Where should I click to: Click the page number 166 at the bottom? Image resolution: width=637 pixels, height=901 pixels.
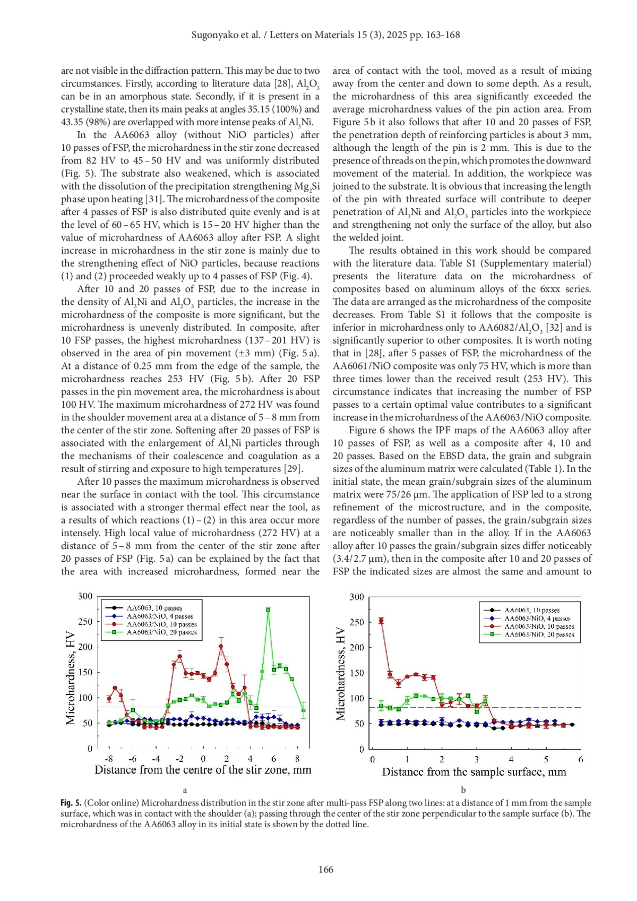pyautogui.click(x=325, y=869)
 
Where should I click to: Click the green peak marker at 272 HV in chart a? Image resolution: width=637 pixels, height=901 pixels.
pyautogui.click(x=269, y=610)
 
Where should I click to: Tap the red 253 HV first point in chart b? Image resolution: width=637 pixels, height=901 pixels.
pyautogui.click(x=381, y=621)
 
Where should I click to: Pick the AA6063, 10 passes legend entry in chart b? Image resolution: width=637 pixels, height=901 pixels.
pyautogui.click(x=531, y=610)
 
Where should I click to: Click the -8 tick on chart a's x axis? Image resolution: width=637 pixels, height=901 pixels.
pyautogui.click(x=109, y=759)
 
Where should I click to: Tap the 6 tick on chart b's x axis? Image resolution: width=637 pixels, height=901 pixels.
pyautogui.click(x=581, y=760)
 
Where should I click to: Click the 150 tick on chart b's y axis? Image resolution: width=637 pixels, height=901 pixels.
pyautogui.click(x=357, y=673)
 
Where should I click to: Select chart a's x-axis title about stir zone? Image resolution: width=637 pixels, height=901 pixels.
pyautogui.click(x=203, y=770)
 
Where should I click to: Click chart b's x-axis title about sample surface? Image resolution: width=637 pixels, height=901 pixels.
pyautogui.click(x=474, y=772)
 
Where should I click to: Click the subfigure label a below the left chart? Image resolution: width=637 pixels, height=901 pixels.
pyautogui.click(x=185, y=790)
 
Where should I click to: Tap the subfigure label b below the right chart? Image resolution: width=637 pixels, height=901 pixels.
pyautogui.click(x=463, y=790)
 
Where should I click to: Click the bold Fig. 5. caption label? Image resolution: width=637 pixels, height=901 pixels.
pyautogui.click(x=71, y=803)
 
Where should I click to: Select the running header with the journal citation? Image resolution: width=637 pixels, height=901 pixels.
pyautogui.click(x=325, y=35)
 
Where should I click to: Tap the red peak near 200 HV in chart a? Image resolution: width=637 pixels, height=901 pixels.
pyautogui.click(x=221, y=646)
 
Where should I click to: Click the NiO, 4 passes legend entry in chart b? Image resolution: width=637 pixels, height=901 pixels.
pyautogui.click(x=537, y=618)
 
